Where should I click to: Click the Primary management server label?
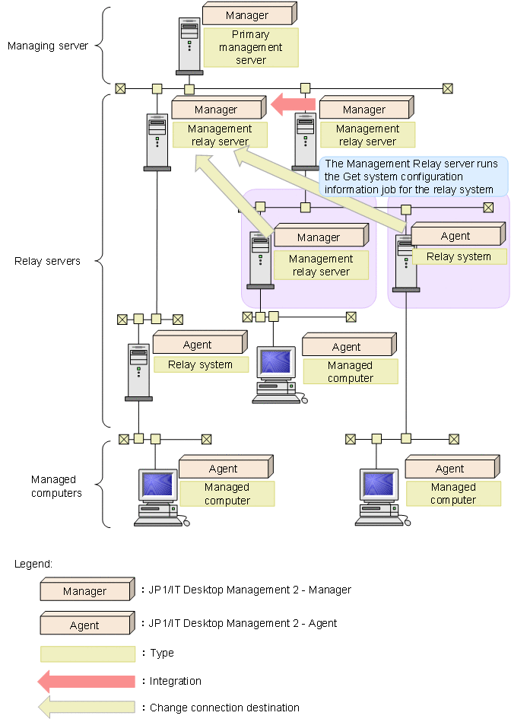(251, 47)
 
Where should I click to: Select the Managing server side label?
(47, 46)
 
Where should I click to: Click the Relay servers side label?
(47, 261)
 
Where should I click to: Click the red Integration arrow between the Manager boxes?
(294, 104)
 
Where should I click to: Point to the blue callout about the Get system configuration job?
(411, 177)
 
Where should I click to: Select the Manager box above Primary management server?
(248, 14)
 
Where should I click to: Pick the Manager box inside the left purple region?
(319, 237)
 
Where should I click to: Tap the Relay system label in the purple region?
(459, 256)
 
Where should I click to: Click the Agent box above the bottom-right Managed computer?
(450, 469)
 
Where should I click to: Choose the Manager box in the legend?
(85, 591)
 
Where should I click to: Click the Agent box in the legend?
(85, 625)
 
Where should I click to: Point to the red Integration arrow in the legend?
(87, 681)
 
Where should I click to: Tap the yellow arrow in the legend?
(87, 707)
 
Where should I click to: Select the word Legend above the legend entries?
(33, 564)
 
